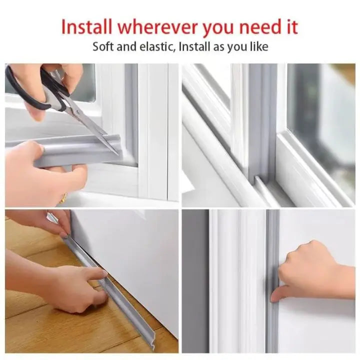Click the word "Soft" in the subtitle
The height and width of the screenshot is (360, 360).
tap(103, 47)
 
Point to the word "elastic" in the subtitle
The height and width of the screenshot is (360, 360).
tap(155, 47)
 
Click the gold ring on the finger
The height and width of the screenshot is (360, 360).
tap(63, 199)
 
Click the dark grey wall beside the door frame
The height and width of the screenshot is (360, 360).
tap(195, 280)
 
